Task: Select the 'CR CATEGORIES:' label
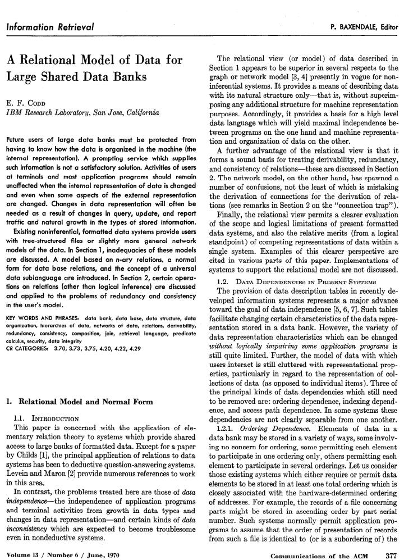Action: [30, 333]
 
